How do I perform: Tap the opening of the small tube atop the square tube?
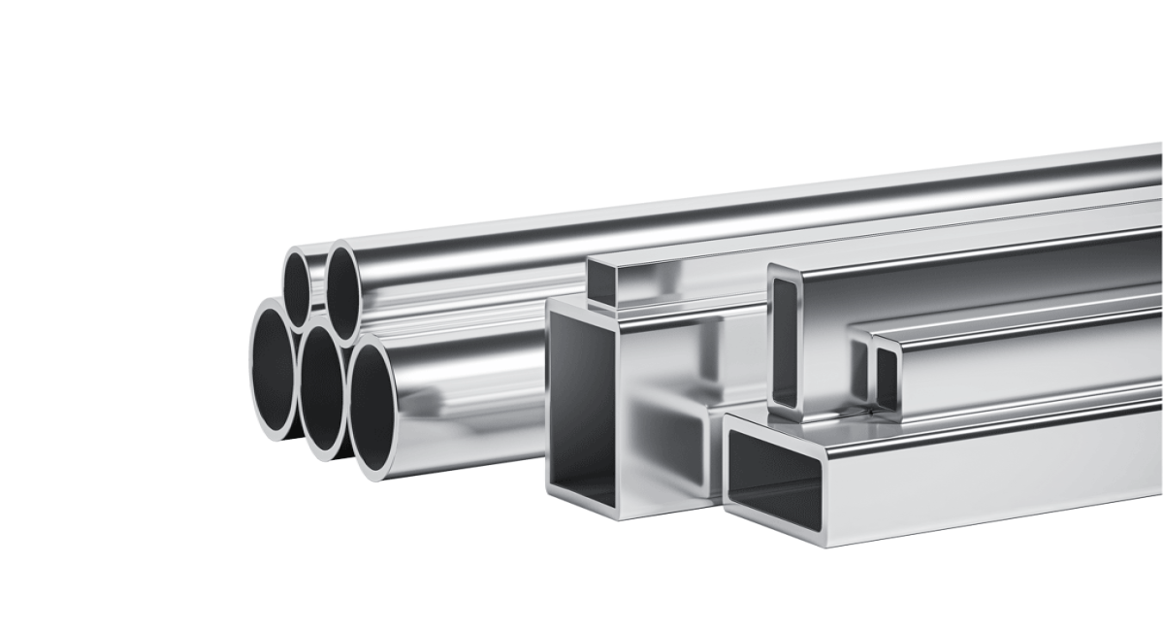click(x=601, y=281)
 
